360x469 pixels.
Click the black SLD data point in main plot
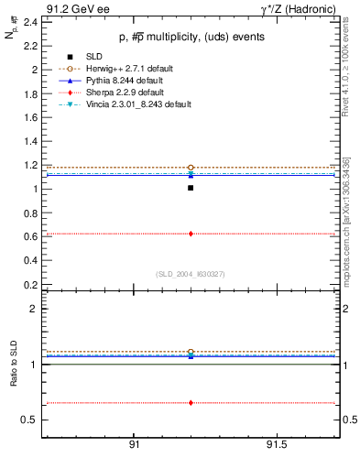click(191, 188)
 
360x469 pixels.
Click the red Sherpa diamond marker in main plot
click(191, 234)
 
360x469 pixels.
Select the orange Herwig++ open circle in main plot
click(191, 168)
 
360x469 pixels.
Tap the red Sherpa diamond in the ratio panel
click(191, 402)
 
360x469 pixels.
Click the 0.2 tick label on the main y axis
click(29, 285)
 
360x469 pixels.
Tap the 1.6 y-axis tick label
click(29, 117)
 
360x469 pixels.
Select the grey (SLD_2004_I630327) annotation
click(190, 274)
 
